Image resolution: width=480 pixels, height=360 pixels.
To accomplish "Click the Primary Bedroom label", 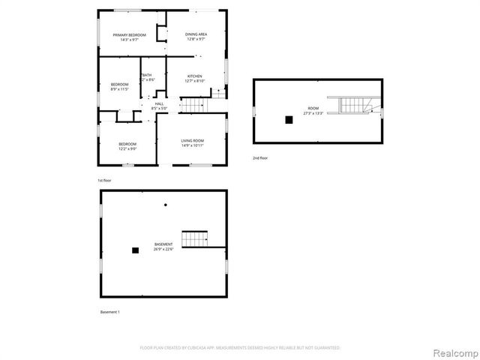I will pos(129,35).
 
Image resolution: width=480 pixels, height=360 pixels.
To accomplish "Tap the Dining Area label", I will pos(196,35).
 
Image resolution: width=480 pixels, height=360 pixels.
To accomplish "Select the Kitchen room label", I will pos(195,76).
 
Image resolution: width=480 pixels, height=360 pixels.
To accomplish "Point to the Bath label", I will pos(147,75).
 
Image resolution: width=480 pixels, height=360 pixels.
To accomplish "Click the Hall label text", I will pos(159,103).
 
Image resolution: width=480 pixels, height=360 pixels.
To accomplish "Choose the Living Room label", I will pos(193,140).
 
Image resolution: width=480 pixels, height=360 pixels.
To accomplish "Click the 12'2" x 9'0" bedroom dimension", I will pos(127,148).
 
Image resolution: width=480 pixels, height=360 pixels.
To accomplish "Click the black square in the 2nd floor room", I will pos(288,118).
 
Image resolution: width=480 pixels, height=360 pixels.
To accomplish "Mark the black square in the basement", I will pos(136,250).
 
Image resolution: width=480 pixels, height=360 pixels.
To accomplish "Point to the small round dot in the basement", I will pos(166,205).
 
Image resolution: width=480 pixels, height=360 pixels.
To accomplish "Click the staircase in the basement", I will pos(195,240).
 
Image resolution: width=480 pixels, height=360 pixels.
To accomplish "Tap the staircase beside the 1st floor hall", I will pos(194,104).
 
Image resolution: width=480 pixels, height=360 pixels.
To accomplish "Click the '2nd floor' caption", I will pos(259,157).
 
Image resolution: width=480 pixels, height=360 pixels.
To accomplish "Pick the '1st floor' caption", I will pos(105,181).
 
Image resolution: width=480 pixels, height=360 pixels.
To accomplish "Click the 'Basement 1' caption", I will pos(109,312).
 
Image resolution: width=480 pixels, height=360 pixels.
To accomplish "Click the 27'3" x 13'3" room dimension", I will pos(313,113).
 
